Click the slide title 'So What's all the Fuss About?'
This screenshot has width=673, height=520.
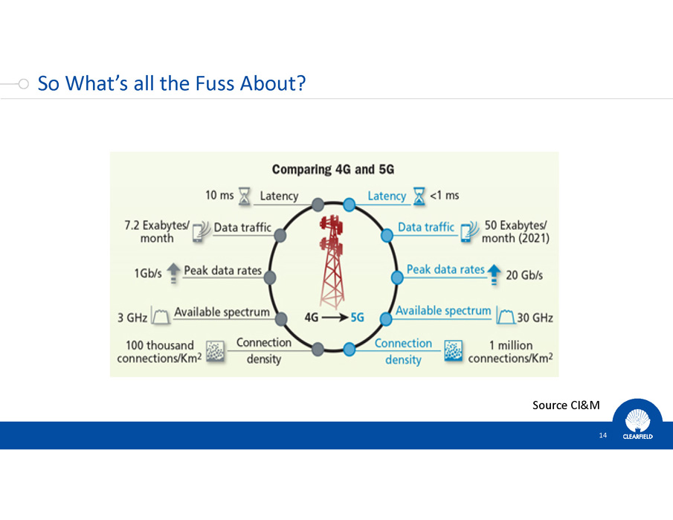coord(172,83)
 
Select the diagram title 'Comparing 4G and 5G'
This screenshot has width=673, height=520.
coord(333,170)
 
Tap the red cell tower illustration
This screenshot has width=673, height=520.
coord(332,261)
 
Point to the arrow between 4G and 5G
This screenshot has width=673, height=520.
coord(335,318)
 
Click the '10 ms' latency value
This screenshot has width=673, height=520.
coord(219,196)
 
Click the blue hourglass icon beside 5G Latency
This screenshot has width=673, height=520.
coord(419,196)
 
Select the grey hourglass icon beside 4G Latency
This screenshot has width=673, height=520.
coord(244,196)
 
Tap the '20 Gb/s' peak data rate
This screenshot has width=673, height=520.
coord(524,275)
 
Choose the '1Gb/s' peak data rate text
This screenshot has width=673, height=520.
coord(148,274)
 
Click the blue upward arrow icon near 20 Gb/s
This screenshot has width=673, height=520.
coord(494,275)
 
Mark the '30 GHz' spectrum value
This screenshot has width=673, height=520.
coord(535,318)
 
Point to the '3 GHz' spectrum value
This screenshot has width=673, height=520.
coord(132,318)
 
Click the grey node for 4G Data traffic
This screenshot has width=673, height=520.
coord(280,235)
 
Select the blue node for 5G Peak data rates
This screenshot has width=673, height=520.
coord(397,277)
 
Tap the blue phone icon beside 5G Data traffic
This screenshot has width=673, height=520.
coord(468,232)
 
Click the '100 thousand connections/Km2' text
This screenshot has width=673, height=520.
coord(159,352)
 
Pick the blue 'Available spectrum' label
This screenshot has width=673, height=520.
coord(443,311)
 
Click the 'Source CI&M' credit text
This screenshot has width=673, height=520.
coord(566,405)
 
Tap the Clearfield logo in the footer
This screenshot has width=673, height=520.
coord(637,423)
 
